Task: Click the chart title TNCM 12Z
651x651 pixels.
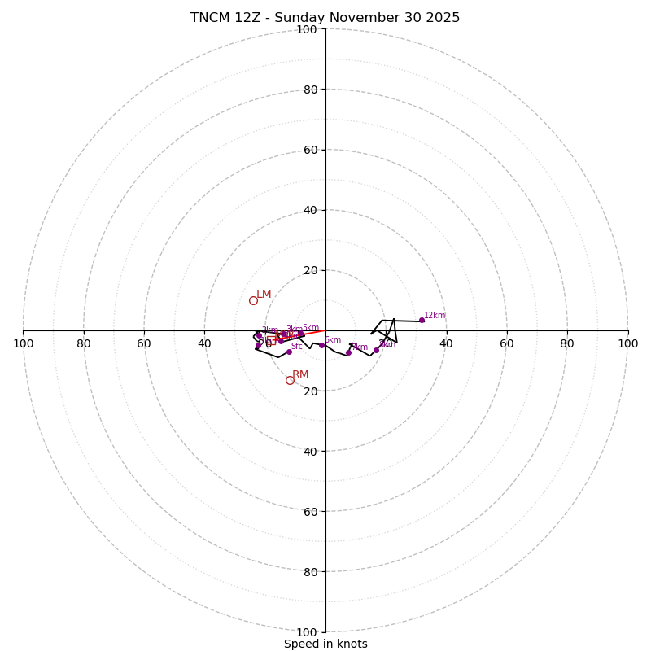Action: point(325,18)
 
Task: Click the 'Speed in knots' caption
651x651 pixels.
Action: point(325,644)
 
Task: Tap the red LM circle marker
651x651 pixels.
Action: point(253,300)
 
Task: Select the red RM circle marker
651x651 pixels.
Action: point(290,380)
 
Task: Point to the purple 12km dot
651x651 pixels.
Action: point(422,320)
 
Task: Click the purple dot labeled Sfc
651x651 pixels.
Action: point(289,352)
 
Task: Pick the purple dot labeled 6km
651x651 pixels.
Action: point(321,345)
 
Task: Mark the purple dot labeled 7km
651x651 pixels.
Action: point(348,352)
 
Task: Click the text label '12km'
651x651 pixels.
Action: point(435,315)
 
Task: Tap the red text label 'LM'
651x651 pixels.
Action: point(264,295)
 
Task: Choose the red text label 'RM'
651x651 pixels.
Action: point(300,375)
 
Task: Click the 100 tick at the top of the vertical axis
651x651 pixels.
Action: point(307,29)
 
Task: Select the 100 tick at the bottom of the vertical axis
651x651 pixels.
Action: point(307,632)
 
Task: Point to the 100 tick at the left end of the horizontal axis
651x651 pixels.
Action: point(23,343)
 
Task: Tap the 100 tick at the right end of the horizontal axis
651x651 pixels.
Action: point(627,343)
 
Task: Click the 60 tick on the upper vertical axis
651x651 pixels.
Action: point(309,150)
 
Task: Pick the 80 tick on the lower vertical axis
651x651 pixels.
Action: point(309,572)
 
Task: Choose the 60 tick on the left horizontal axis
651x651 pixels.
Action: point(144,343)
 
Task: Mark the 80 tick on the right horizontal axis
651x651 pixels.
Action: point(567,343)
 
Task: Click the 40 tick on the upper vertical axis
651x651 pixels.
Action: point(309,210)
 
